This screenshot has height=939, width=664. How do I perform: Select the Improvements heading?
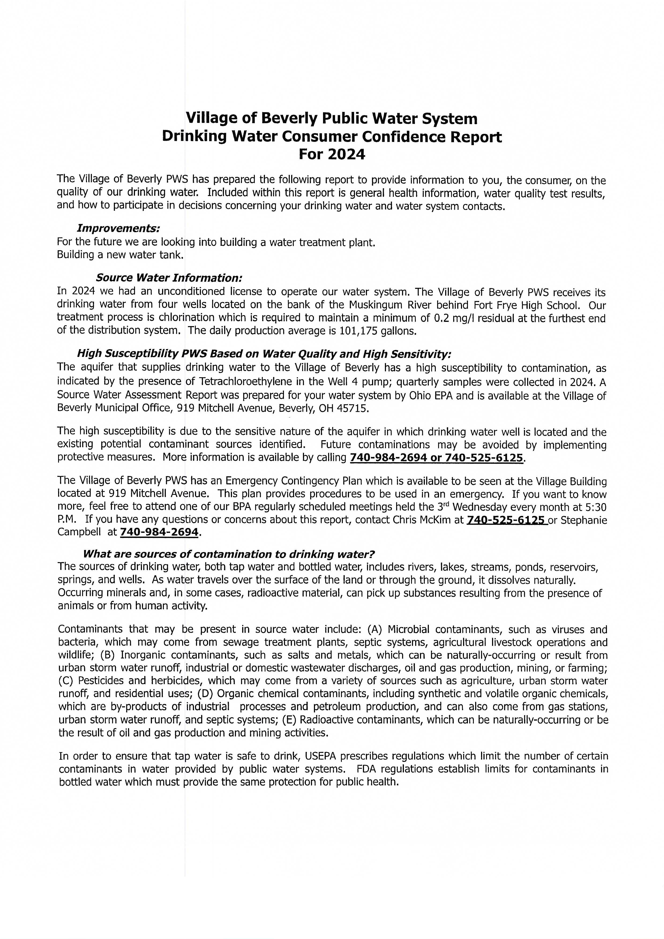coord(118,228)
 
